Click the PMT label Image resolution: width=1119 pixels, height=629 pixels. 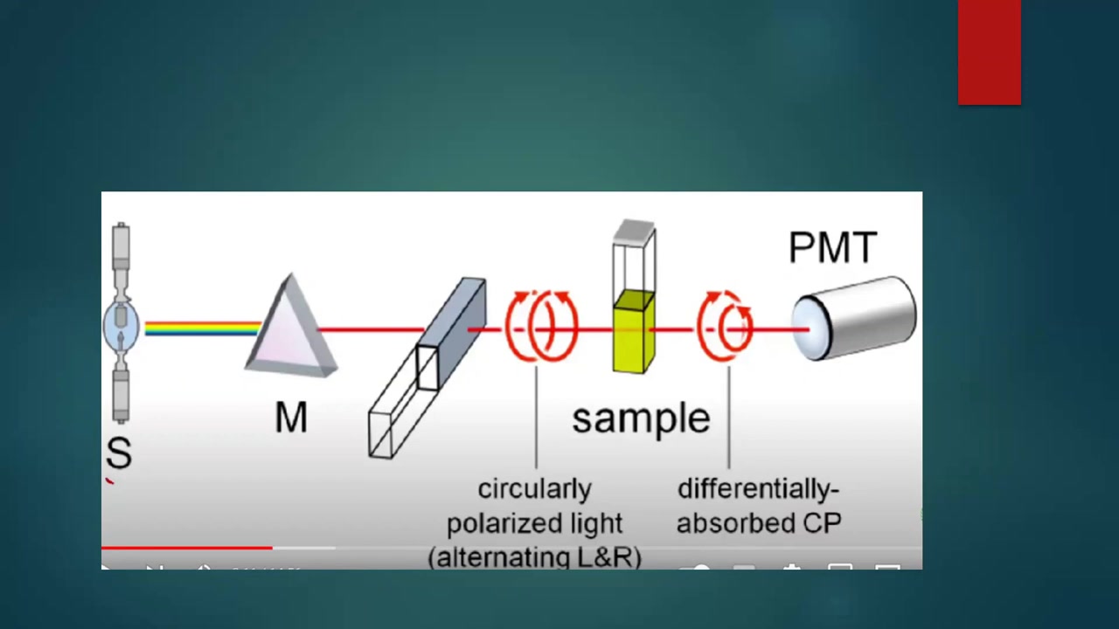pyautogui.click(x=833, y=246)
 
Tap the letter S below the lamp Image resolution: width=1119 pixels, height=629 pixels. pyautogui.click(x=119, y=453)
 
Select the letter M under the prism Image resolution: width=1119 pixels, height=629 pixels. pyautogui.click(x=291, y=418)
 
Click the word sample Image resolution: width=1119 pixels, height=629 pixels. pyautogui.click(x=641, y=419)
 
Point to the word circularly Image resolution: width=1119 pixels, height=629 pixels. pyautogui.click(x=534, y=488)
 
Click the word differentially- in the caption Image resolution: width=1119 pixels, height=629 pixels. pyautogui.click(x=758, y=488)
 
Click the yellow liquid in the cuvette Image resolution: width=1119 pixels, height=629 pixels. pyautogui.click(x=634, y=332)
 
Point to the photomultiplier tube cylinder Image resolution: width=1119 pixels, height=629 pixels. pyautogui.click(x=854, y=318)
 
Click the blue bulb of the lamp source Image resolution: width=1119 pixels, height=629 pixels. pyautogui.click(x=121, y=324)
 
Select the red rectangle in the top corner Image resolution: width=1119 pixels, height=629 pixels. pyautogui.click(x=989, y=52)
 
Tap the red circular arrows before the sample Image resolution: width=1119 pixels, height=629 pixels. pyautogui.click(x=541, y=326)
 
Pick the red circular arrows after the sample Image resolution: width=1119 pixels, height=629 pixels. pyautogui.click(x=725, y=326)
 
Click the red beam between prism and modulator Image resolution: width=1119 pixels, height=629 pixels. pyautogui.click(x=371, y=329)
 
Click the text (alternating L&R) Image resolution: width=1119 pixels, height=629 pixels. pyautogui.click(x=534, y=557)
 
